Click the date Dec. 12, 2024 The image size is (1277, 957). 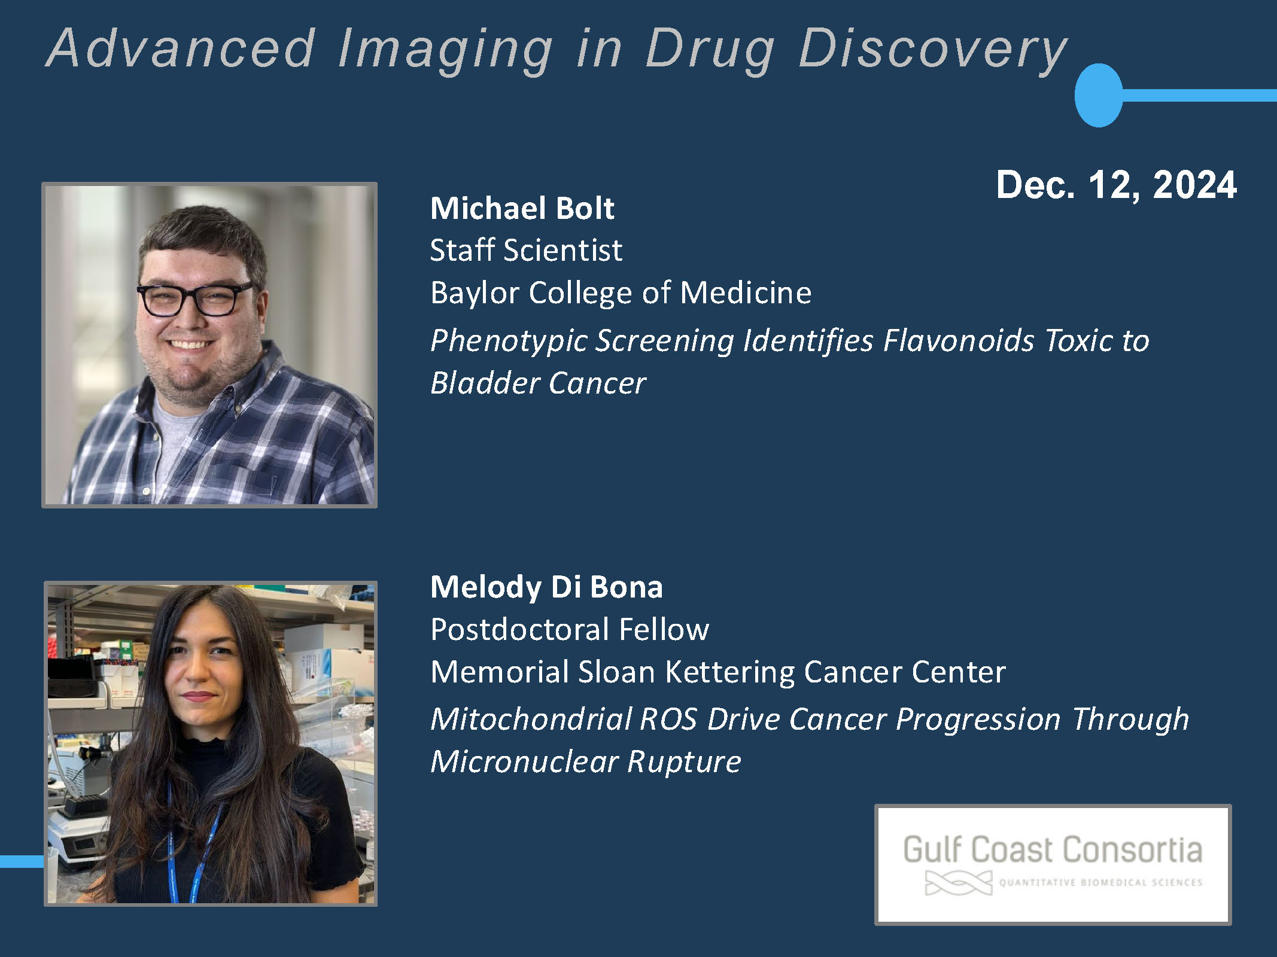(x=1117, y=185)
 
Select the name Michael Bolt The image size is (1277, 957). (x=522, y=208)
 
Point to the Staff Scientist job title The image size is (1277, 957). (x=526, y=250)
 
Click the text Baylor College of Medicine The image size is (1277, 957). (x=621, y=293)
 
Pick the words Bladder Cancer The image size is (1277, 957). (x=539, y=383)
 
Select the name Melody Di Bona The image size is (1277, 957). (x=547, y=587)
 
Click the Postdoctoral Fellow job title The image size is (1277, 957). (x=570, y=629)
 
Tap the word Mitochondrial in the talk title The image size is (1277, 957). (x=531, y=719)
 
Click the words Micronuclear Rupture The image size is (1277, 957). (x=586, y=762)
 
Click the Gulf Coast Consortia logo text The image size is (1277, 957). (x=1053, y=850)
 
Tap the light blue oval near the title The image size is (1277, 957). (x=1099, y=95)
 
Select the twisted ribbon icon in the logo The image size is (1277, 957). (x=958, y=883)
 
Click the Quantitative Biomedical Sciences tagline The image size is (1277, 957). (x=1100, y=882)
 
